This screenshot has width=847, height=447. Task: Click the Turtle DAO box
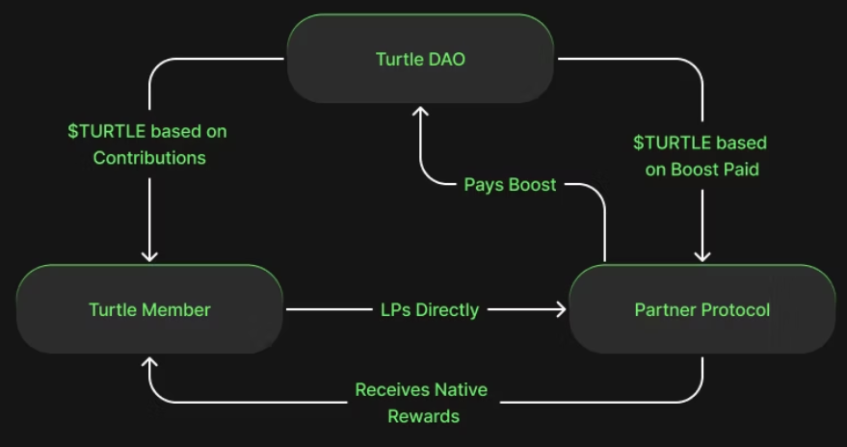pyautogui.click(x=420, y=59)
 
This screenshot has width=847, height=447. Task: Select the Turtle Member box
pyautogui.click(x=149, y=309)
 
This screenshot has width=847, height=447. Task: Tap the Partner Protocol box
pyautogui.click(x=701, y=309)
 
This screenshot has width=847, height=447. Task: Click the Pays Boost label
pyautogui.click(x=510, y=184)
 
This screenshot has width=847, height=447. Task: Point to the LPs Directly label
pyautogui.click(x=429, y=309)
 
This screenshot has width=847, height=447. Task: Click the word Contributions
pyautogui.click(x=149, y=157)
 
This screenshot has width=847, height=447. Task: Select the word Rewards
pyautogui.click(x=423, y=416)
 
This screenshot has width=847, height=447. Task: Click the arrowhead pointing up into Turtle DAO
pyautogui.click(x=420, y=112)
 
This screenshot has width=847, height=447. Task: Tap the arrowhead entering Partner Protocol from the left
pyautogui.click(x=560, y=309)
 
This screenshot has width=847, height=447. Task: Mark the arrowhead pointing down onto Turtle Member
pyautogui.click(x=149, y=255)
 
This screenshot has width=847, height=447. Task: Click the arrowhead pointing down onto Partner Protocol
pyautogui.click(x=701, y=255)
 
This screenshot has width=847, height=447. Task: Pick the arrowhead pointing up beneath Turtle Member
pyautogui.click(x=149, y=362)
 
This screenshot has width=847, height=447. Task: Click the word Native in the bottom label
pyautogui.click(x=462, y=390)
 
